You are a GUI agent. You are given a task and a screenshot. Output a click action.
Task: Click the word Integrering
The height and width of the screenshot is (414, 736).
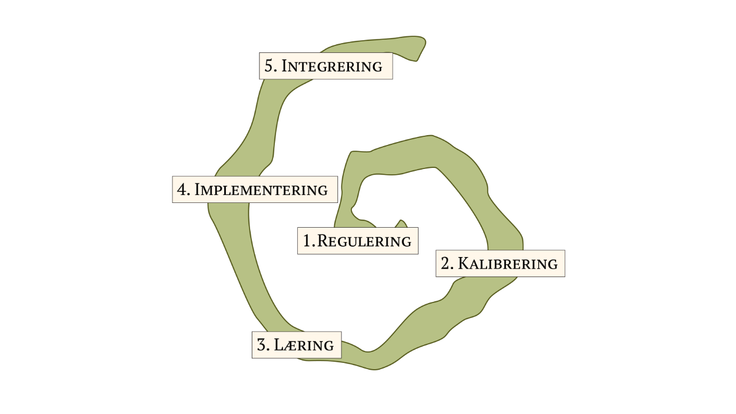332,66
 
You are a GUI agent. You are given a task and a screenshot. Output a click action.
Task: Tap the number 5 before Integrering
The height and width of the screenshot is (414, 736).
268,66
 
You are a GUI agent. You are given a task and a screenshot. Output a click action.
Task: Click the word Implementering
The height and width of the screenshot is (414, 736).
261,190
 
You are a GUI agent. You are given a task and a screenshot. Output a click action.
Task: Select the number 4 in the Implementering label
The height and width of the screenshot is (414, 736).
183,190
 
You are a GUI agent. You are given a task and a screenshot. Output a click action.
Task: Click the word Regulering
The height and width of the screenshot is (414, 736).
364,241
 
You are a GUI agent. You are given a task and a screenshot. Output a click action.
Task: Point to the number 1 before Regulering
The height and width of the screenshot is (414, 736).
307,241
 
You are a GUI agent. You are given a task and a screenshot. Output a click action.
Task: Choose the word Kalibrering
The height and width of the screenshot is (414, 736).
508,264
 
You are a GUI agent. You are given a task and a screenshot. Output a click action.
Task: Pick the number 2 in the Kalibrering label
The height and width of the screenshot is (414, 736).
446,264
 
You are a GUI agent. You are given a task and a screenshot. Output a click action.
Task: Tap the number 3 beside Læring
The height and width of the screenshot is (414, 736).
262,345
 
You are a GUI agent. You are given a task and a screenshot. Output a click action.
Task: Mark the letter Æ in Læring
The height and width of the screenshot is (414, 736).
290,346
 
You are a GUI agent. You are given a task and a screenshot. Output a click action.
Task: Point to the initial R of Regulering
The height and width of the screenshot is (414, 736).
323,241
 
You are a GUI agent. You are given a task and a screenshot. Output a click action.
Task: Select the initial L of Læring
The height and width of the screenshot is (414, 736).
279,345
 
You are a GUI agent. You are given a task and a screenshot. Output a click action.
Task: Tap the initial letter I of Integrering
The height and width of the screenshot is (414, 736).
284,66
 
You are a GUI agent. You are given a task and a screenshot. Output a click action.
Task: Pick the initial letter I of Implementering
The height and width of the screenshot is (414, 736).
197,190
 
